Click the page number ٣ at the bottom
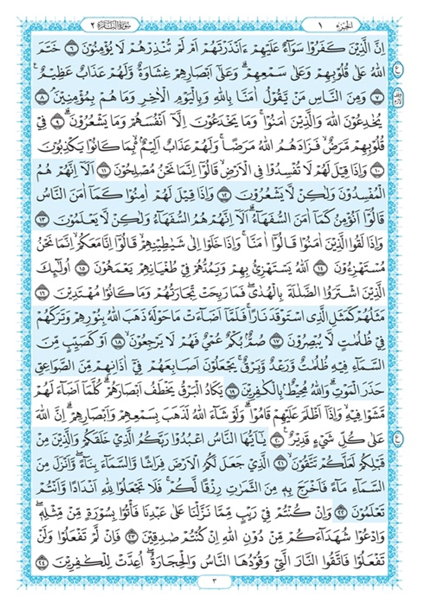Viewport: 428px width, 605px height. [x=213, y=592]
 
